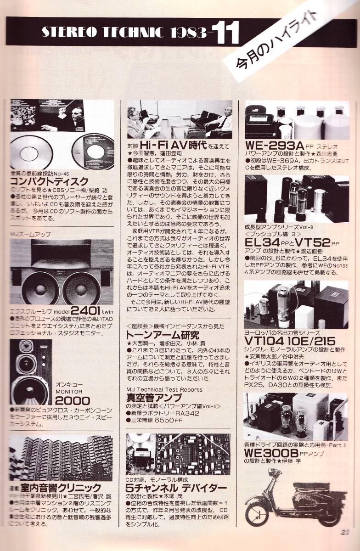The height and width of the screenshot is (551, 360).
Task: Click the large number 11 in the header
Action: [x=225, y=33]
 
